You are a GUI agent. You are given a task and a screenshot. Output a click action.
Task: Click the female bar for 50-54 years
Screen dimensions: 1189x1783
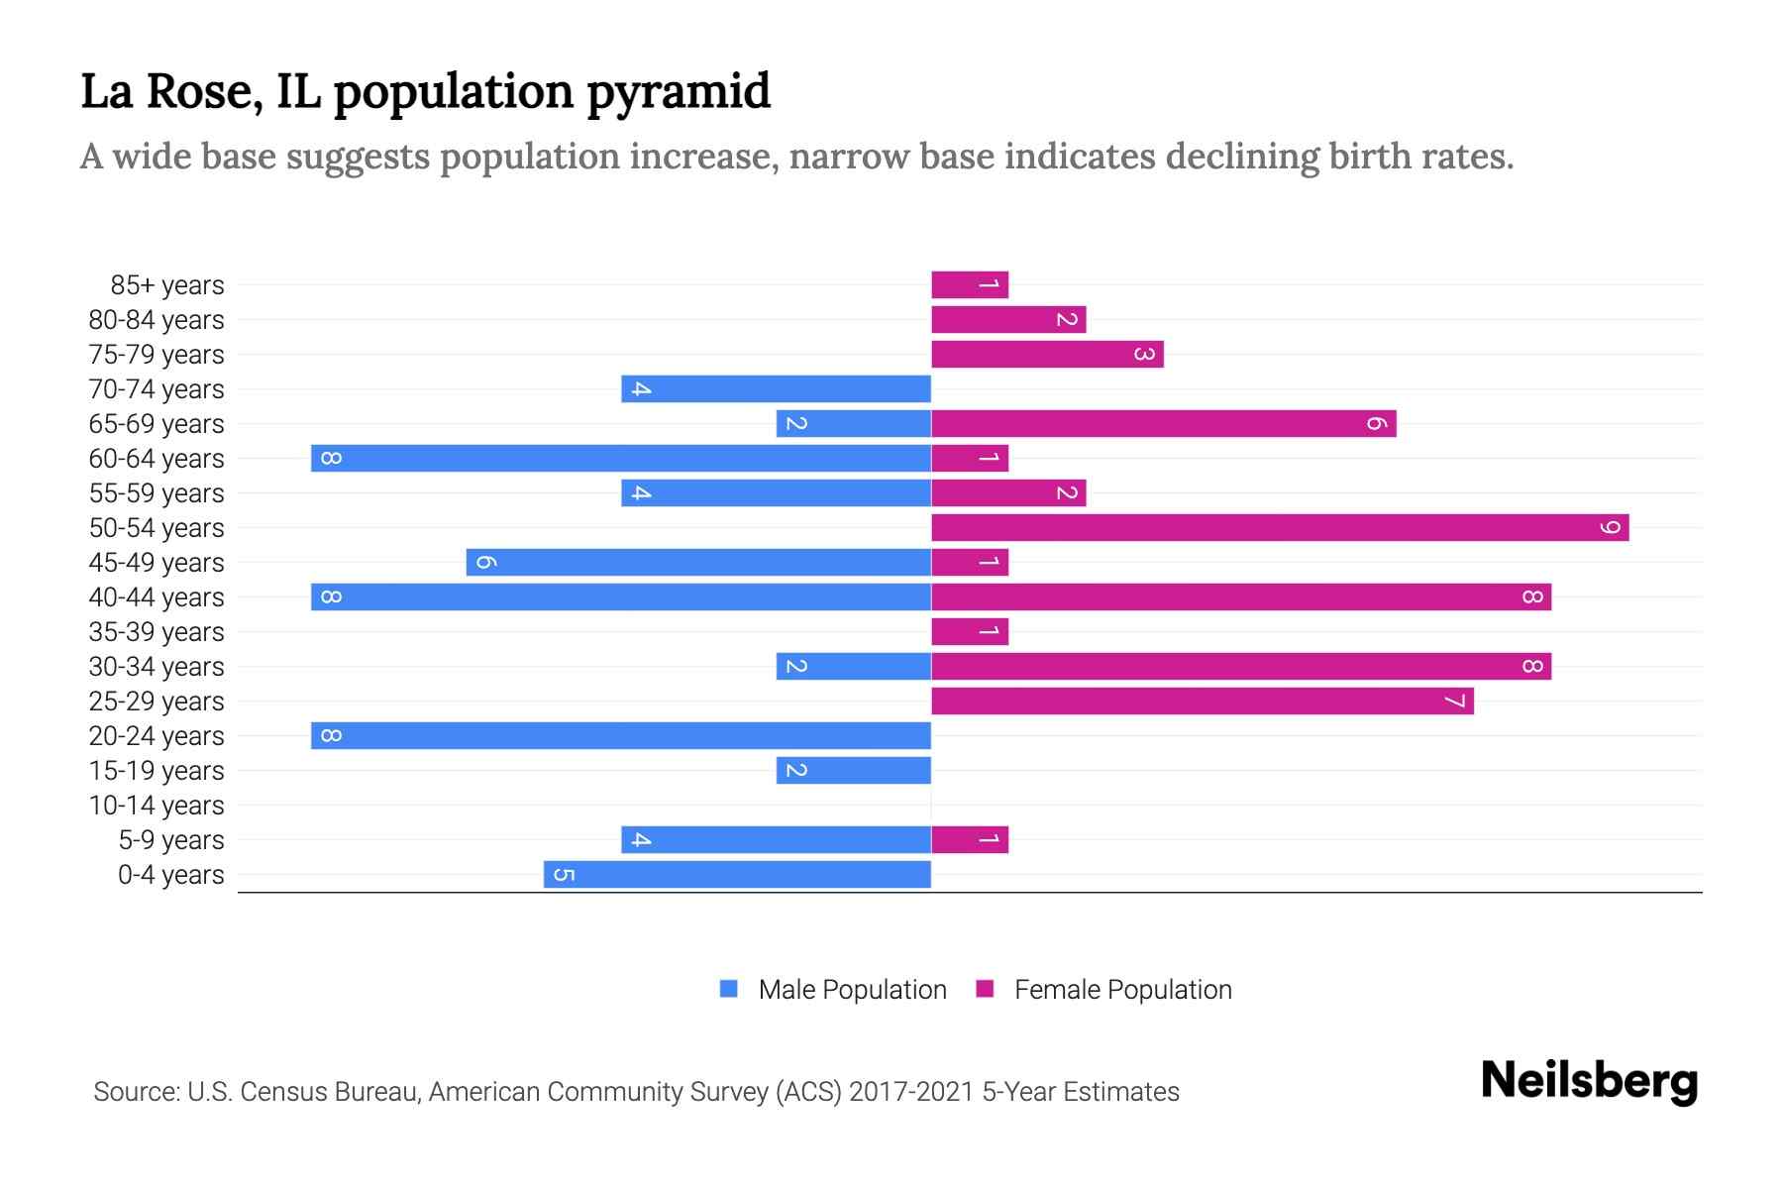[x=1280, y=528]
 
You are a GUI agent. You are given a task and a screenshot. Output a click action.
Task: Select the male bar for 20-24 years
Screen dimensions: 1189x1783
[x=621, y=736]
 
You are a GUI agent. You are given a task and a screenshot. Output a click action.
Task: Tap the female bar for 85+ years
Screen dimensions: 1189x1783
[x=970, y=285]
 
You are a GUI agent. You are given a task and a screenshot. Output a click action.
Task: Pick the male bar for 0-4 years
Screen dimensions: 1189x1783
[x=737, y=875]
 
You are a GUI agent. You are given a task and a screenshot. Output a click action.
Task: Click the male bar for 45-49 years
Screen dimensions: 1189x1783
[x=698, y=563]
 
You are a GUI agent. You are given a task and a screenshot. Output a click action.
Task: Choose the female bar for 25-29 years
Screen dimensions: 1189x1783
[x=1203, y=702]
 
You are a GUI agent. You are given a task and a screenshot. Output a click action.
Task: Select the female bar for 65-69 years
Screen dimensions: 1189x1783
[x=1164, y=424]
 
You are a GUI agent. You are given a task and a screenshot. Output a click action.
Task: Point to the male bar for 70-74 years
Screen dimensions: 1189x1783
[x=776, y=389]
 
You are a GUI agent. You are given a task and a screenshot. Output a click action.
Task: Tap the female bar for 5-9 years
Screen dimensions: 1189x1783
[x=970, y=840]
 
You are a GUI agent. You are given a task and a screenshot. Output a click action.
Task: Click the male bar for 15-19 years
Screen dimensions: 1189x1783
[x=854, y=771]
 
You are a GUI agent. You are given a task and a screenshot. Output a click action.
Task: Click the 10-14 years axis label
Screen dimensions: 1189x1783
[x=157, y=806]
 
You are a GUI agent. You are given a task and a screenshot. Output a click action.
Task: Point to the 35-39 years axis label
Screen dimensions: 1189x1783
[x=157, y=632]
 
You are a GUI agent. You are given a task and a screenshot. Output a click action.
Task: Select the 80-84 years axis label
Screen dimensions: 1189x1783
[x=157, y=320]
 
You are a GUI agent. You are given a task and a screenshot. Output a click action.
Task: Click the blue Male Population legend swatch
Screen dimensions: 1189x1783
[x=729, y=989]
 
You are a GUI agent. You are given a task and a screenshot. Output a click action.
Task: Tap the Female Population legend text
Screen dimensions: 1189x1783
[x=1122, y=990]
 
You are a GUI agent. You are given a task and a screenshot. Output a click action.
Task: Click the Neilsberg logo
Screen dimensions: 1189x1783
[x=1589, y=1081]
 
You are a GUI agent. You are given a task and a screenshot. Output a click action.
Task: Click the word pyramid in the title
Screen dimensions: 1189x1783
[x=679, y=92]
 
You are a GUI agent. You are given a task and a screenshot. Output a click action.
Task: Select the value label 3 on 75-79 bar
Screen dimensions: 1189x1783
[x=1144, y=355]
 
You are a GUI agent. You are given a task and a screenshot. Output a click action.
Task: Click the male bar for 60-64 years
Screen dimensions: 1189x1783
[x=621, y=459]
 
